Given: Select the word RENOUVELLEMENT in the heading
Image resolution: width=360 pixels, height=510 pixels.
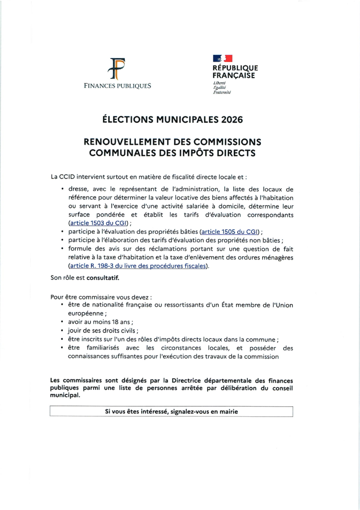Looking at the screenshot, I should click(x=126, y=143).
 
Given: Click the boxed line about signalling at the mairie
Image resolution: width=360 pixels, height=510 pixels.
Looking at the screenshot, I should click(x=171, y=412).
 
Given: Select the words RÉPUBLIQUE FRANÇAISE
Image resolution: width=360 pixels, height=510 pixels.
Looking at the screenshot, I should click(x=235, y=72).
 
